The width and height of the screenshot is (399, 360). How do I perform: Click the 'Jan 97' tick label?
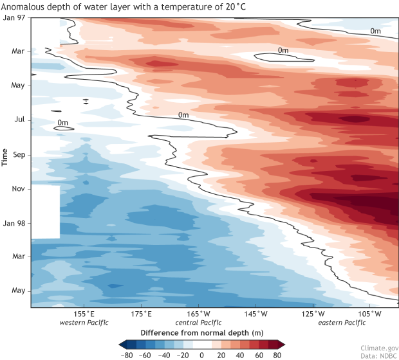[14, 17]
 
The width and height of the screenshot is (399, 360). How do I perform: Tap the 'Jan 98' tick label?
[14, 223]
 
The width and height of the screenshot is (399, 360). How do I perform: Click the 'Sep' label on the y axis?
[18, 155]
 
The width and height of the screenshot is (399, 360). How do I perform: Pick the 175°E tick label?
[141, 314]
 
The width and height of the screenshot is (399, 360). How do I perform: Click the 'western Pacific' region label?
[84, 323]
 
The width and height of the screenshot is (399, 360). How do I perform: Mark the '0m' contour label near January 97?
[376, 30]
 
